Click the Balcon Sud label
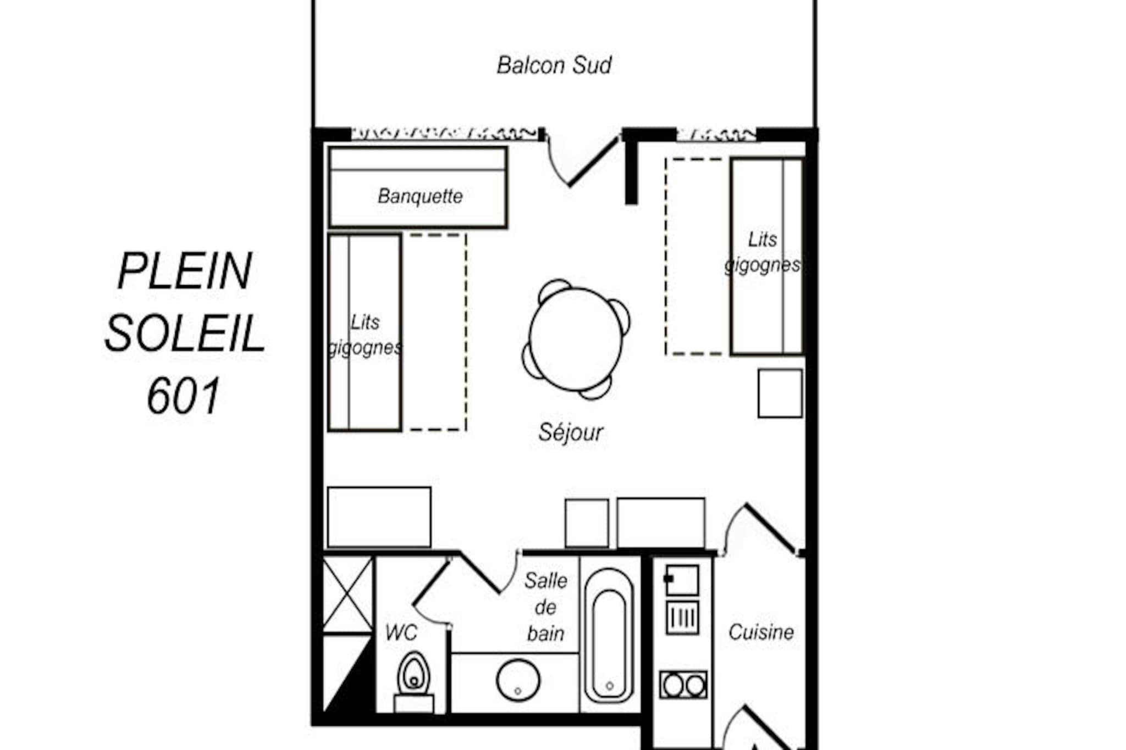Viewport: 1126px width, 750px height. coord(554,65)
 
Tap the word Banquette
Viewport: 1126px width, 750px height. coord(420,196)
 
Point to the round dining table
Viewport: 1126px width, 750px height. coord(576,338)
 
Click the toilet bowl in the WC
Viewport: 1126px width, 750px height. coord(413,674)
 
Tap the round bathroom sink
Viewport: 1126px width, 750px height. coord(518,680)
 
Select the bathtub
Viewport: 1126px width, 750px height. coord(609,636)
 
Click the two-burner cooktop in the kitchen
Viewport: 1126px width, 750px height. coord(683,685)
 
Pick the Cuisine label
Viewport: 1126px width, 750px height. coord(761,632)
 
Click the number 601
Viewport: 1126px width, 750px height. coord(184,396)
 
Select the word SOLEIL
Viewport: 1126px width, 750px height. coord(185,334)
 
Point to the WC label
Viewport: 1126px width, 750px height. coord(401,633)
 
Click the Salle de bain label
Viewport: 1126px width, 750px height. coord(545,607)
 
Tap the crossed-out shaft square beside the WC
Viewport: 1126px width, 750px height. coord(347,595)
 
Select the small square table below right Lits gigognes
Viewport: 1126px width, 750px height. coord(780,393)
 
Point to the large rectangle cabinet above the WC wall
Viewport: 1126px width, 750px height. coord(379,517)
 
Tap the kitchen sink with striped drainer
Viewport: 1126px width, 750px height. coord(682,599)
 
